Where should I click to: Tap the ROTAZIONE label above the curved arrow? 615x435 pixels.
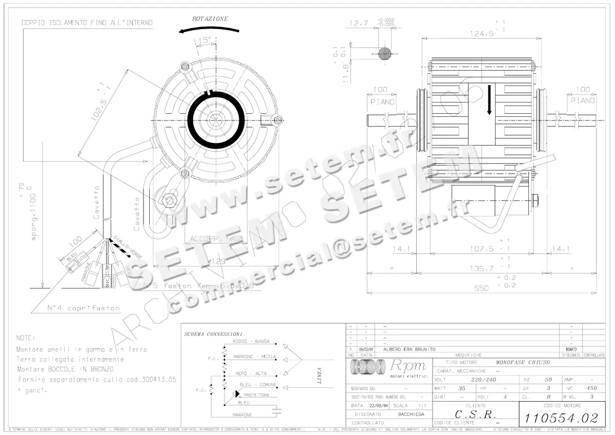pyautogui.click(x=210, y=18)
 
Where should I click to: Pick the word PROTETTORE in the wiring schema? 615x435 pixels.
pyautogui.click(x=256, y=395)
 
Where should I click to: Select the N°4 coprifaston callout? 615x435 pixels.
pyautogui.click(x=84, y=308)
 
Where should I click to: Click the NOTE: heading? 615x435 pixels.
pyautogui.click(x=26, y=338)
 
